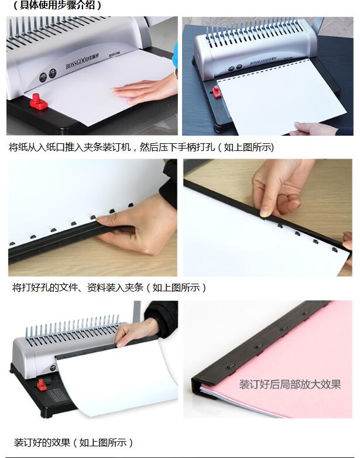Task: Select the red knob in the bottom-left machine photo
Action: (42, 385)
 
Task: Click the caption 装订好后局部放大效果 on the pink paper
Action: (290, 384)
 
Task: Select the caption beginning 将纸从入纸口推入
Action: (141, 147)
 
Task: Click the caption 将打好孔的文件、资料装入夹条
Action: (109, 287)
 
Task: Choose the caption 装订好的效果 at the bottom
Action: (74, 442)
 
